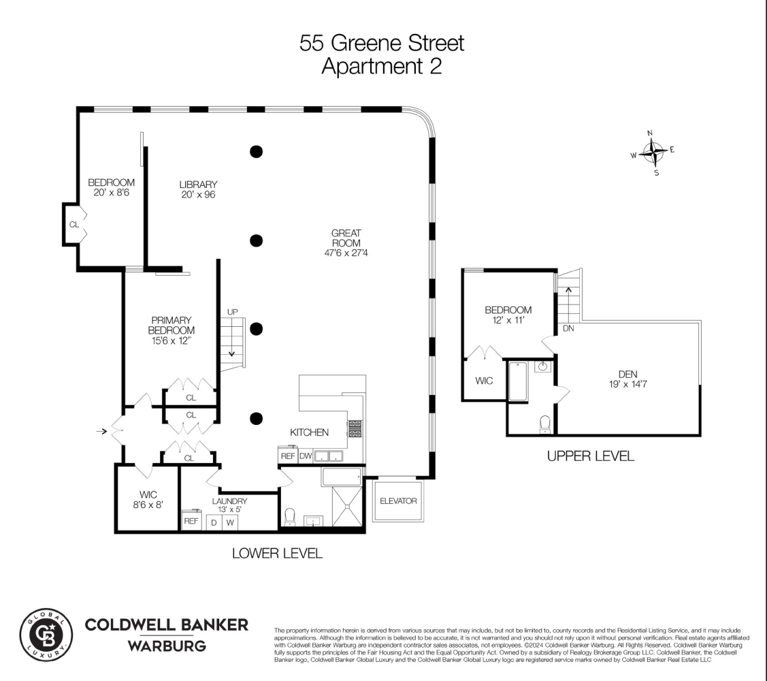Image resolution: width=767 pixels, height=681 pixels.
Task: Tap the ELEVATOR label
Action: [397, 501]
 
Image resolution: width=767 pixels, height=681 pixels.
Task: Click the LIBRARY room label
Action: [198, 189]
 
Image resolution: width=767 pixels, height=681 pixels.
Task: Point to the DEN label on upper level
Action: [627, 379]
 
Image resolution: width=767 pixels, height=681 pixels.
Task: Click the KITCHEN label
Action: [310, 432]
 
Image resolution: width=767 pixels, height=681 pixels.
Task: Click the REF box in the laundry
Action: [191, 521]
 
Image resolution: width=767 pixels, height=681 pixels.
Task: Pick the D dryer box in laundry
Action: [213, 522]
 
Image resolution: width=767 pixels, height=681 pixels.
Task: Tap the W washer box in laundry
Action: [231, 522]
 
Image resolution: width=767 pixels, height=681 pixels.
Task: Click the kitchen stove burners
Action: [355, 428]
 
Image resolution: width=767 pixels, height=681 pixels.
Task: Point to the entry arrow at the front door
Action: [102, 431]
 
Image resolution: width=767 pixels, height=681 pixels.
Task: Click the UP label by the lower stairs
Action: [233, 312]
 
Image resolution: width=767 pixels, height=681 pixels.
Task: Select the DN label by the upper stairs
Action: [569, 328]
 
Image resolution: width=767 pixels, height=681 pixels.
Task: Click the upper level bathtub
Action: [518, 381]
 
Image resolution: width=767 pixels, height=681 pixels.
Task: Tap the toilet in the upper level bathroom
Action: [544, 424]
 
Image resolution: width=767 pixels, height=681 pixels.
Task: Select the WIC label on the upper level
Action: [484, 381]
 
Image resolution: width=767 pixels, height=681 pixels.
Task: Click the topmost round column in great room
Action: [256, 151]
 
